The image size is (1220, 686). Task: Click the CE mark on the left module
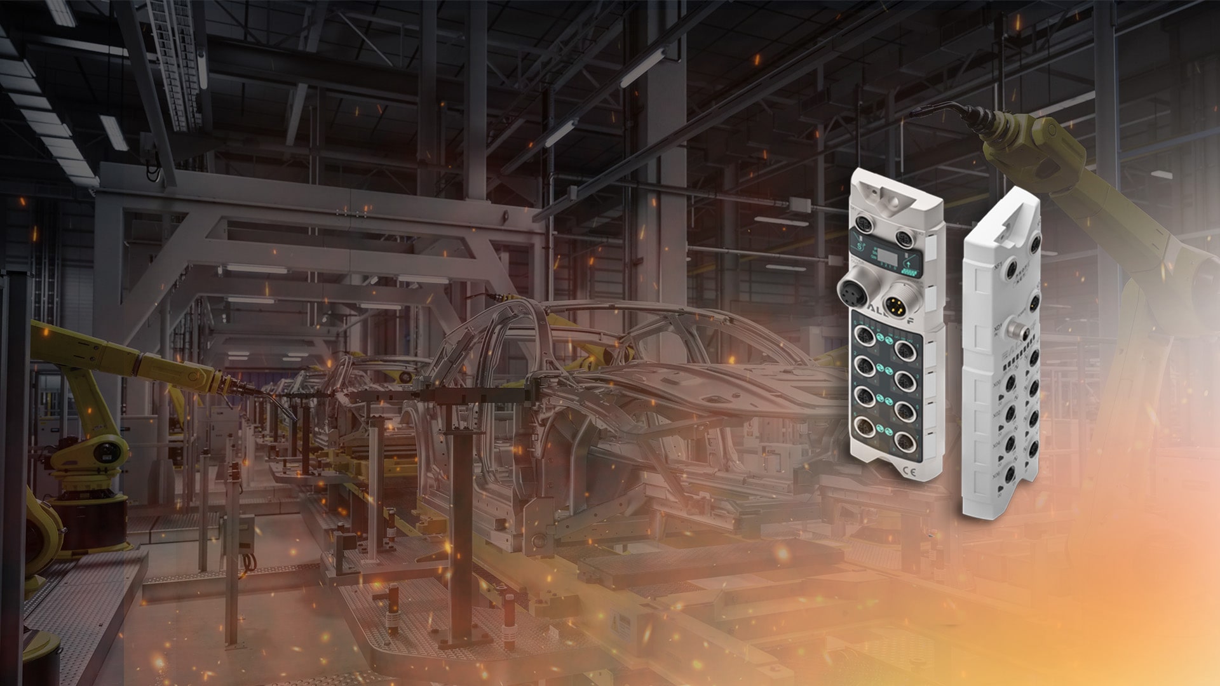(909, 471)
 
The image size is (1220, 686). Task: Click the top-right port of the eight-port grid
(903, 349)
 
